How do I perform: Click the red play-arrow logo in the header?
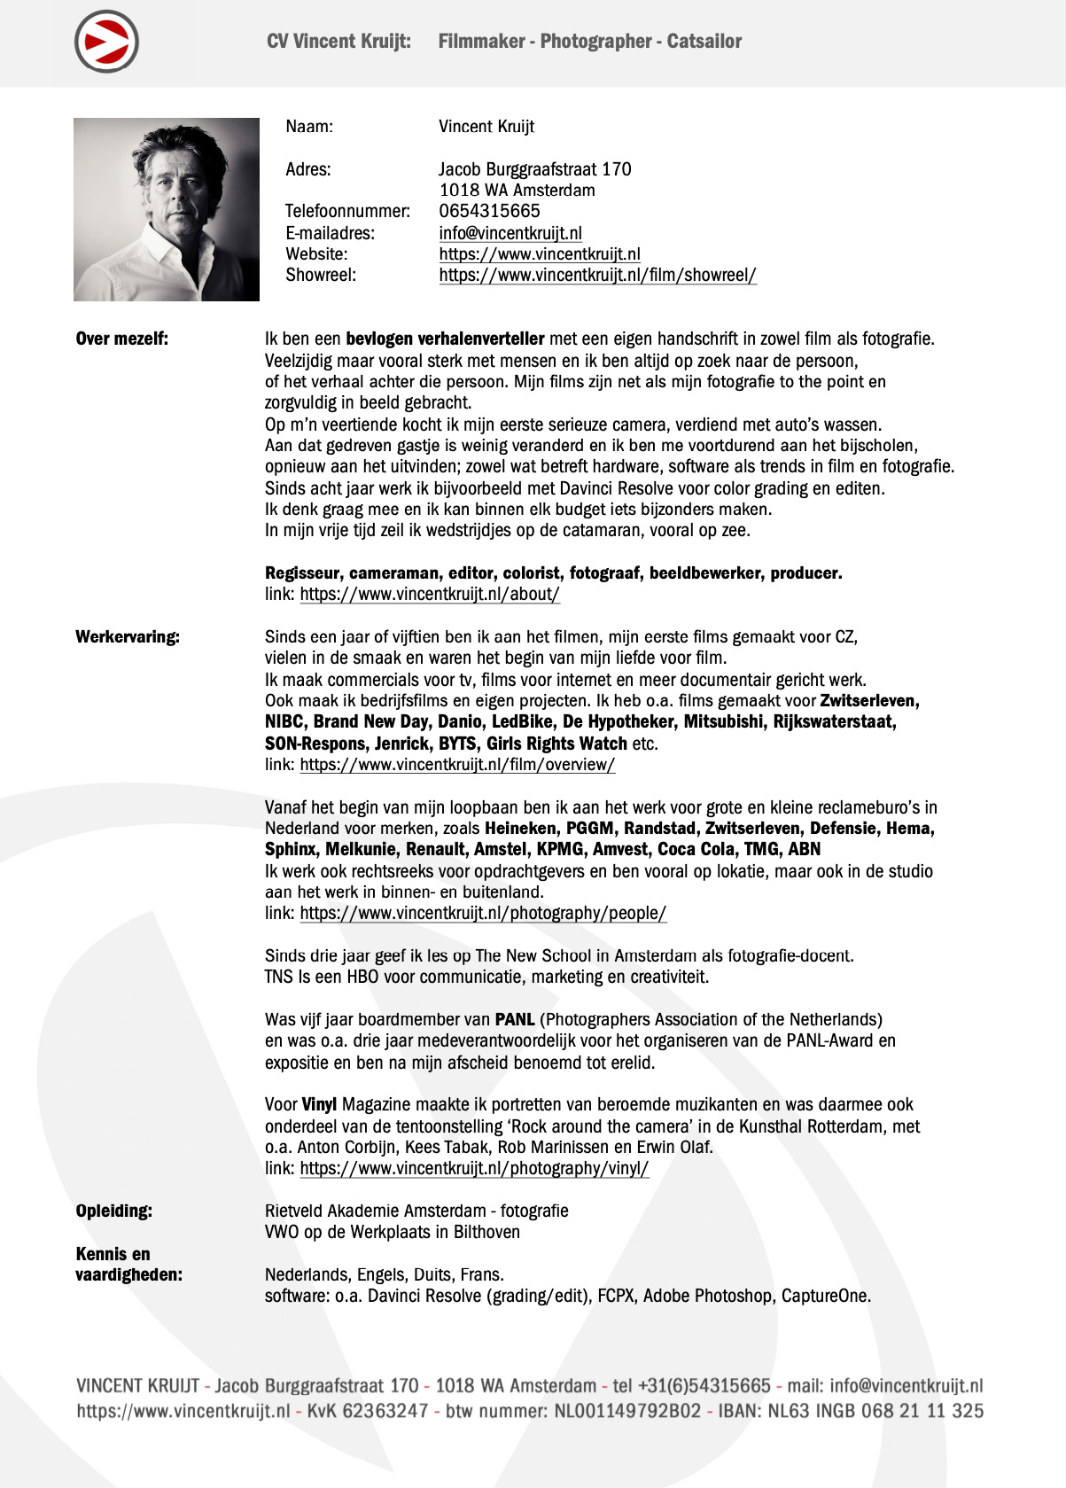[106, 42]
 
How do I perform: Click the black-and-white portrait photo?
[166, 209]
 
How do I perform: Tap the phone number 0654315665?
[489, 211]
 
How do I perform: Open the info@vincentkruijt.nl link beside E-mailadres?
[510, 233]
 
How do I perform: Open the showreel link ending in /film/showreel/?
[597, 275]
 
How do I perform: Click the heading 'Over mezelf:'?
[121, 339]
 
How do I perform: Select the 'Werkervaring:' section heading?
[128, 636]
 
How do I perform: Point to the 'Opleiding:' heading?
[113, 1211]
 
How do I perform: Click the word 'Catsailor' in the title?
[704, 41]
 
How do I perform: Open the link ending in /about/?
[430, 594]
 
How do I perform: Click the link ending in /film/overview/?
[457, 764]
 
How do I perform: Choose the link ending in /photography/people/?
[483, 913]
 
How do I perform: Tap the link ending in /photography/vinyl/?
[474, 1168]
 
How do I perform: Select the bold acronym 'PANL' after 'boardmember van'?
[515, 1019]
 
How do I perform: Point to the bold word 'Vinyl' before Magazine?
[319, 1104]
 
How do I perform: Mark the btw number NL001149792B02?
[627, 1411]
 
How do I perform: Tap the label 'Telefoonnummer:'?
[347, 211]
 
